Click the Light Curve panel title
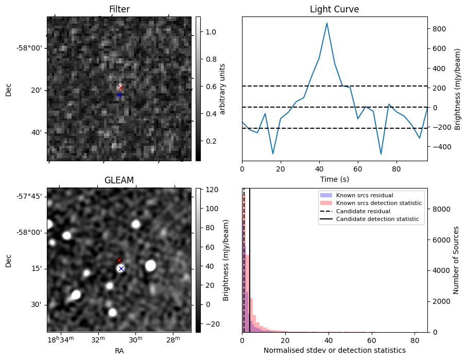[334, 9]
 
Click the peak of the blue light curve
[326, 23]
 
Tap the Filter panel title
[119, 9]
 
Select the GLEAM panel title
[119, 180]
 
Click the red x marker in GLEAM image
[119, 261]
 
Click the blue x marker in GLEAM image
[121, 268]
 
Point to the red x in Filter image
[120, 88]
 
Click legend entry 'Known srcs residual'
[365, 196]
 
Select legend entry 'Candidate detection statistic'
[377, 219]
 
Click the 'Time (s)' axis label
[334, 178]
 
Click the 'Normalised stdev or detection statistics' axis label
[334, 350]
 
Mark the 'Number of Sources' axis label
[456, 260]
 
